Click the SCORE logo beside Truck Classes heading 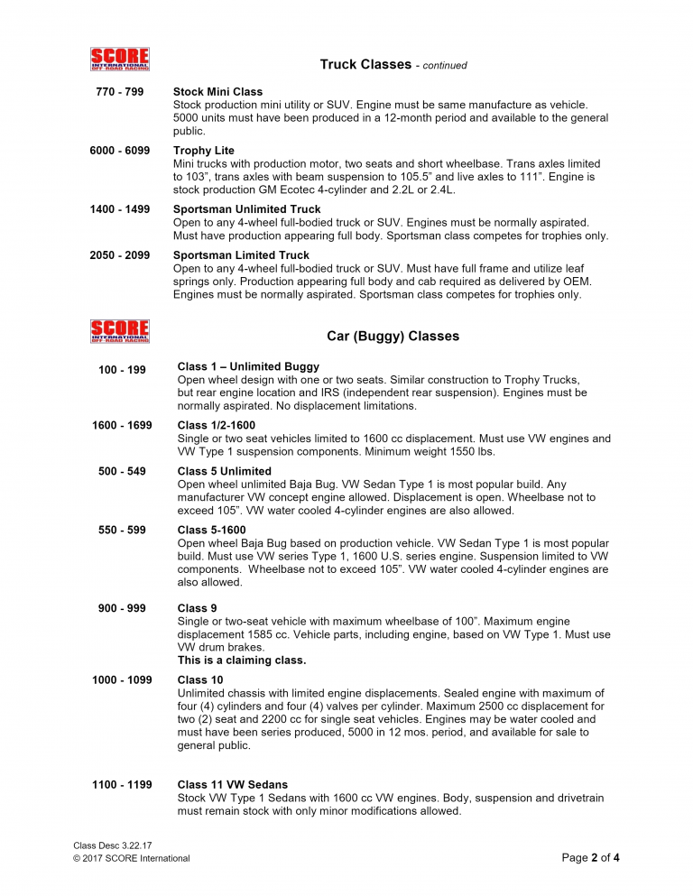coord(119,60)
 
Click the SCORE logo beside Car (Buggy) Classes coord(119,331)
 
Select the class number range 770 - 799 coord(119,92)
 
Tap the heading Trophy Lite coord(203,151)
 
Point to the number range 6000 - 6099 coord(119,151)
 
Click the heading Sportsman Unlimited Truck coord(246,209)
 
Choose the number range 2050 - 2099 coord(119,255)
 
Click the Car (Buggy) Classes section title coord(393,337)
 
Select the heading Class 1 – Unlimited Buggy coord(248,366)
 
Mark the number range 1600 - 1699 coord(122,425)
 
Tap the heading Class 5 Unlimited coord(224,471)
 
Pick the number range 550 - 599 coord(122,530)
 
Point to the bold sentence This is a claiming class coord(242,660)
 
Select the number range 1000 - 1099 coord(122,679)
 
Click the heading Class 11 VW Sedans coord(233,785)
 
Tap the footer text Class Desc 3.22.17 coord(112,845)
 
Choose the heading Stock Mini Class coord(217,92)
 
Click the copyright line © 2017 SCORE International coord(132,858)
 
